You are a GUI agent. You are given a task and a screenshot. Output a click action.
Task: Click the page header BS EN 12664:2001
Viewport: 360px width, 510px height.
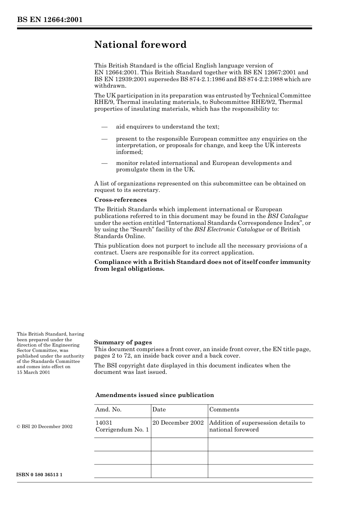coord(50,20)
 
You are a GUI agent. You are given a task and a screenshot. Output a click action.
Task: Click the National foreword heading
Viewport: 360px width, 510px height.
coord(140,45)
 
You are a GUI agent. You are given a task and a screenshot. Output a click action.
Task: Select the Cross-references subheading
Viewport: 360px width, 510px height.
coord(120,200)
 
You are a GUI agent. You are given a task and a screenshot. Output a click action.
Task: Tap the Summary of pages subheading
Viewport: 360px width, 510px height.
coord(123,342)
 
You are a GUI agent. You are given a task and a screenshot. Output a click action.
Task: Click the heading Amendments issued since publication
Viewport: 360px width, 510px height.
coord(155,395)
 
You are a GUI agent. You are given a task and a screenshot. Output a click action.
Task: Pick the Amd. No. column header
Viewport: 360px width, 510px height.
coord(108,410)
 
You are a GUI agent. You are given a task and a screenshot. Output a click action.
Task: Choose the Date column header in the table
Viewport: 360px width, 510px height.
coord(159,410)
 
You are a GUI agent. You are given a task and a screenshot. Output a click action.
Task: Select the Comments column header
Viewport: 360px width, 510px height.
coord(224,410)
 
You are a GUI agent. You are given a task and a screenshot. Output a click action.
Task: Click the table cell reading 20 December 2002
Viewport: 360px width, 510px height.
coord(178,423)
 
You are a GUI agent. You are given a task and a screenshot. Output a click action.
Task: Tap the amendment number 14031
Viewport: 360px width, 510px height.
coord(104,423)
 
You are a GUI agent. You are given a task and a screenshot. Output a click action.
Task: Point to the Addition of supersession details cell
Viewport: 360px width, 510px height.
coord(257,426)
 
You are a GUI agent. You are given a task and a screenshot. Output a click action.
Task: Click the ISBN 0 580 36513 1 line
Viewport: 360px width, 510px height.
coord(39,475)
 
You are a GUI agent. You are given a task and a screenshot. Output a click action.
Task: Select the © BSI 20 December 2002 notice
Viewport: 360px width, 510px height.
coord(44,427)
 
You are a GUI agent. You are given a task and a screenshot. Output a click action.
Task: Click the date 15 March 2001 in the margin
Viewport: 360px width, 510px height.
coord(33,372)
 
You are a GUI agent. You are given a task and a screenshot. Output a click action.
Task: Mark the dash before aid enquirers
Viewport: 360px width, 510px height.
coord(105,127)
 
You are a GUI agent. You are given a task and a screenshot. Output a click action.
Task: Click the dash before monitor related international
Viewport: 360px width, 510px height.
coord(105,163)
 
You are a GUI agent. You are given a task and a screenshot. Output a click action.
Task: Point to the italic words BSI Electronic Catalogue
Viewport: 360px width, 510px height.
coord(229,229)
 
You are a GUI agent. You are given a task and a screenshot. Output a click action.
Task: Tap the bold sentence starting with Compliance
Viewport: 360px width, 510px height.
coord(202,265)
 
